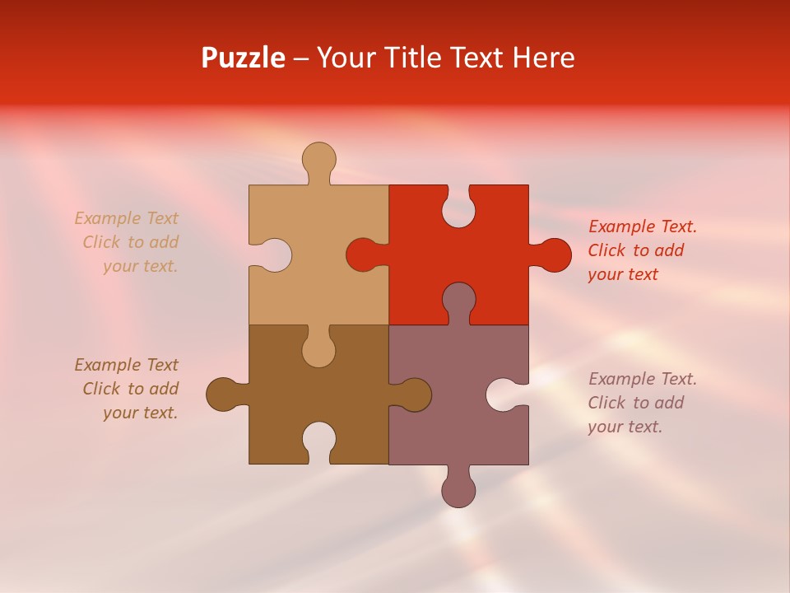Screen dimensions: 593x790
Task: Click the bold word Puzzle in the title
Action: (244, 58)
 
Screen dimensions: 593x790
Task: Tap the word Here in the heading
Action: (543, 58)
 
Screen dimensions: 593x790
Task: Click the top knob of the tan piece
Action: (318, 159)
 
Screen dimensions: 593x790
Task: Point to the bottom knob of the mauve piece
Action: (458, 489)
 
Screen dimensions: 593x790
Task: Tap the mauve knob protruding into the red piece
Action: (458, 300)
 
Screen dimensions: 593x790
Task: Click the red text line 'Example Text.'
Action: (643, 226)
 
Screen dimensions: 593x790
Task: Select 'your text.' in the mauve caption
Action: (625, 427)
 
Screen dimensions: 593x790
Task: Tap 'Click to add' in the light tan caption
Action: (130, 242)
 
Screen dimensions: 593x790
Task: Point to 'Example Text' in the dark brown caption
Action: (126, 365)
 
